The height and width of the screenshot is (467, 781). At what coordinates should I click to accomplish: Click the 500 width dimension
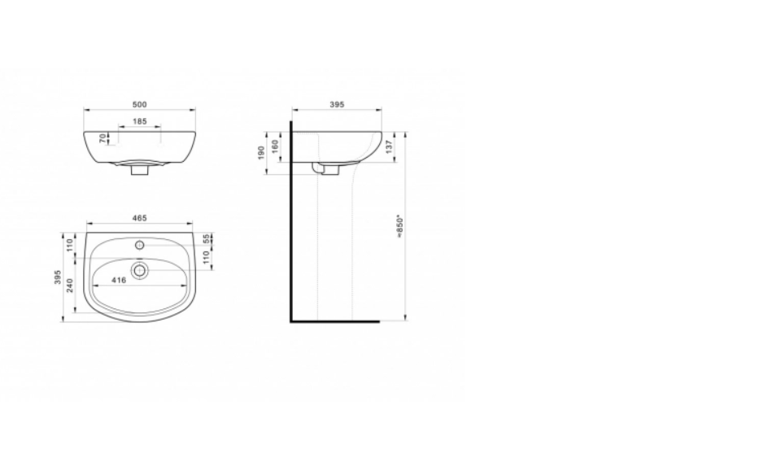point(139,105)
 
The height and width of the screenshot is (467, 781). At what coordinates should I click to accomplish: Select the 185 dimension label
point(140,121)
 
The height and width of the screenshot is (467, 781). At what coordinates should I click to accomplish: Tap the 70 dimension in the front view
point(103,138)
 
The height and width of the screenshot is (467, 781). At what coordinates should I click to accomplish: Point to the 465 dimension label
point(139,218)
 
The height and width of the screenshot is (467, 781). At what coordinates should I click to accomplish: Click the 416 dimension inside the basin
point(119,281)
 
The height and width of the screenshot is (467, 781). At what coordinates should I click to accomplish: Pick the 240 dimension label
point(70,286)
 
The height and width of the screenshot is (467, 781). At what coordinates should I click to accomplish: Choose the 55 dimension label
point(207,239)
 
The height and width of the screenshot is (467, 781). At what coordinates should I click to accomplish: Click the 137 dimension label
point(389,146)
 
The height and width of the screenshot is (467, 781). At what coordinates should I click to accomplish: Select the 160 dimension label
point(274,146)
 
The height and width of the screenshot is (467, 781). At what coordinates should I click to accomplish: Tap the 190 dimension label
point(261,153)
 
